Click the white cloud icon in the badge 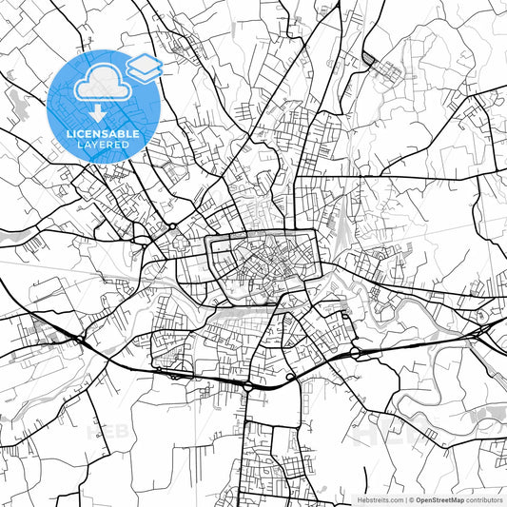(x=100, y=86)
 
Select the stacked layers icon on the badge (x=145, y=66)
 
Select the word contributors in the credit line (x=486, y=498)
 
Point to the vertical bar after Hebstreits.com (x=404, y=498)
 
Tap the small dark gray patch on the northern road (x=368, y=59)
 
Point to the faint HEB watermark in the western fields (x=108, y=430)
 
